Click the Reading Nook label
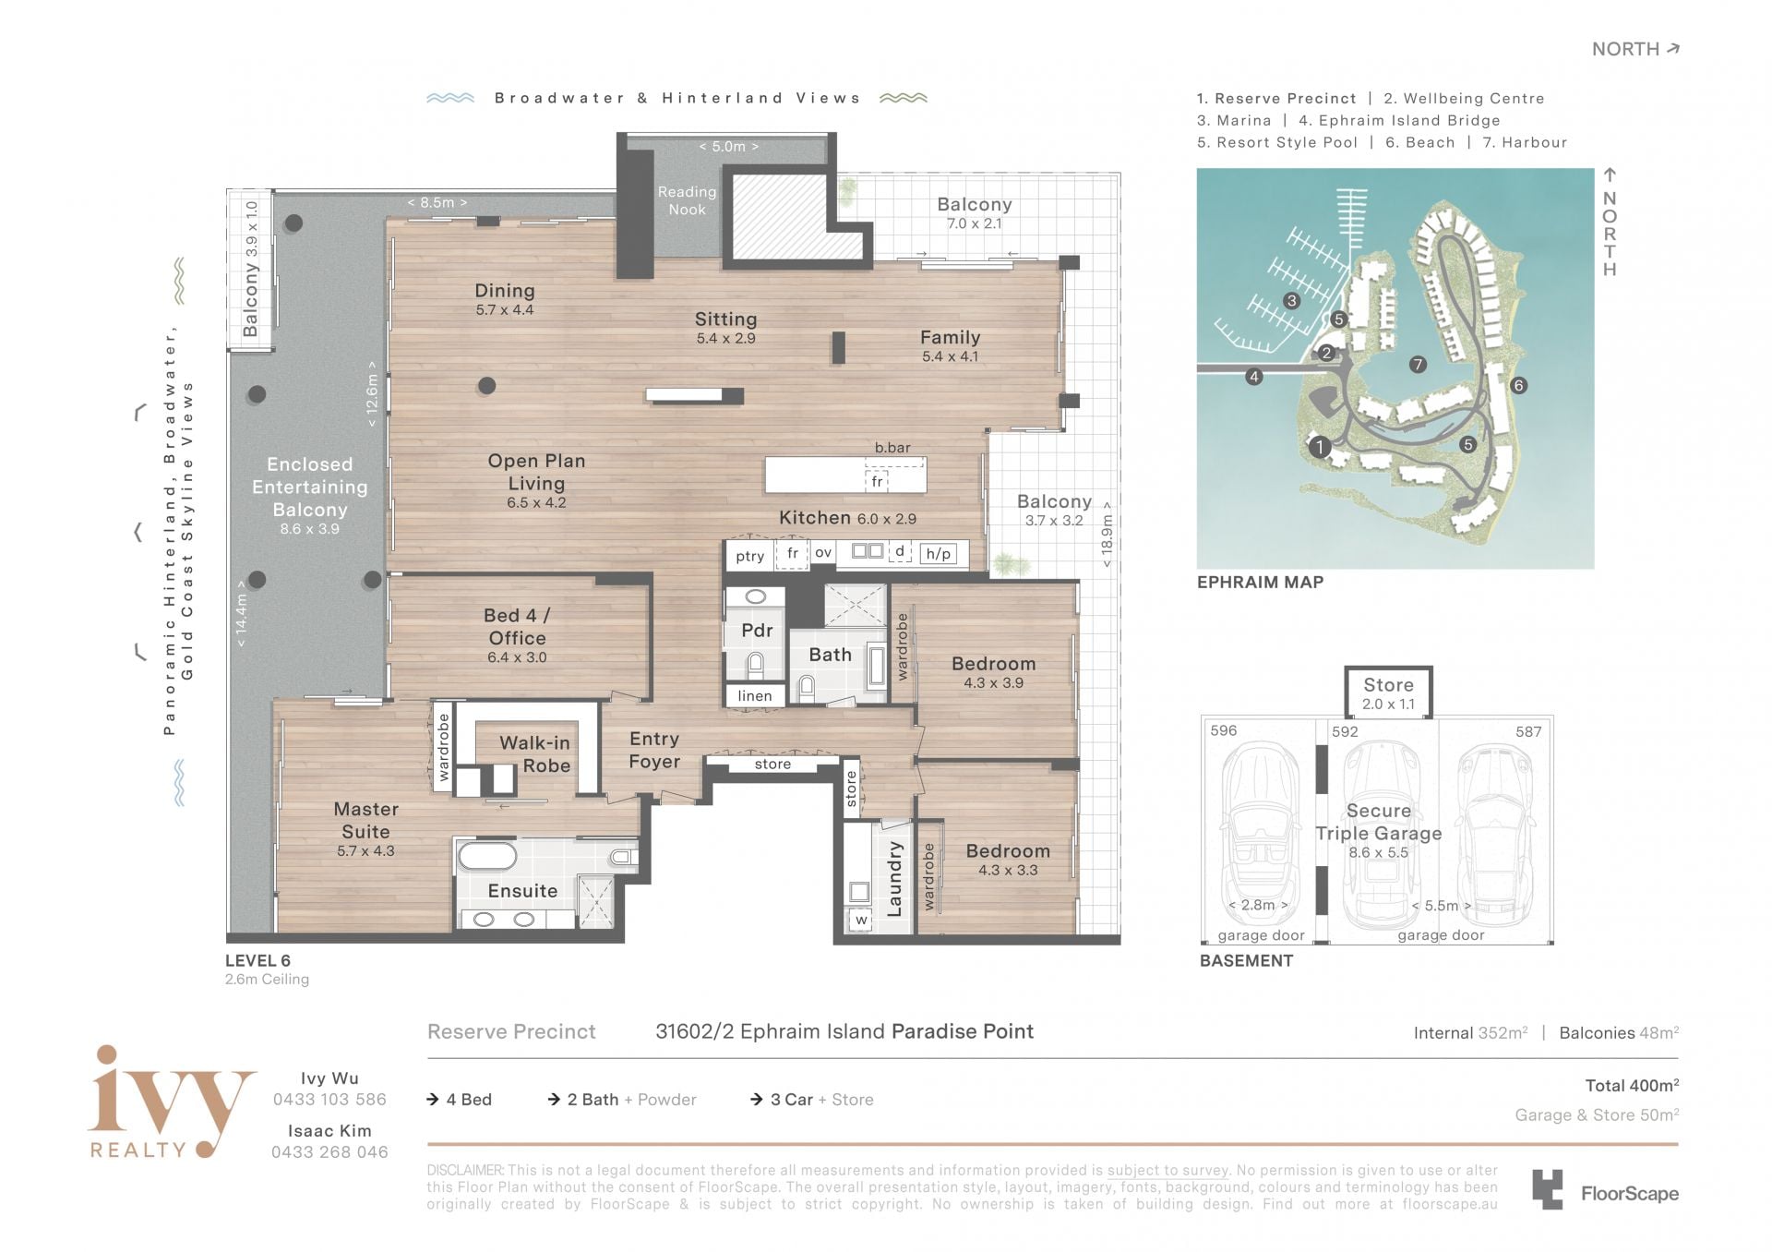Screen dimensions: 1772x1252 (x=687, y=200)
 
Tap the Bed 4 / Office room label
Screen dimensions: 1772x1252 (x=517, y=627)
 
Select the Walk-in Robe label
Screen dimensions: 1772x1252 (x=534, y=754)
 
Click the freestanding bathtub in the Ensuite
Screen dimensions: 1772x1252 (x=488, y=857)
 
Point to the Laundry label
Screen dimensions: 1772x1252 (x=893, y=879)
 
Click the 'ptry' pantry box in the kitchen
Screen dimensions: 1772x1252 (x=749, y=556)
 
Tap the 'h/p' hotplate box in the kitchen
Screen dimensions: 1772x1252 (x=938, y=554)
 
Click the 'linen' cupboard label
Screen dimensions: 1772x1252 (x=755, y=696)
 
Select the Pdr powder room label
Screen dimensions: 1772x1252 (x=757, y=631)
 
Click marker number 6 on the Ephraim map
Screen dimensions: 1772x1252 (x=1518, y=386)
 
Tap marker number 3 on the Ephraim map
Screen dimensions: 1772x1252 (x=1291, y=301)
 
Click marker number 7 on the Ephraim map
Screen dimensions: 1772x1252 (x=1418, y=365)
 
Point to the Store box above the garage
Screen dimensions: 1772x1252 (x=1388, y=692)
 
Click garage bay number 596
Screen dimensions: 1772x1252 (x=1224, y=730)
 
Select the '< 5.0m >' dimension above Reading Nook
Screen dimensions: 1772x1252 (x=728, y=147)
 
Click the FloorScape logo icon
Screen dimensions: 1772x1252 (x=1548, y=1189)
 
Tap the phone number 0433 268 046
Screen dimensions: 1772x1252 (x=329, y=1152)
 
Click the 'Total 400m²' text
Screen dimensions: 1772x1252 (x=1632, y=1086)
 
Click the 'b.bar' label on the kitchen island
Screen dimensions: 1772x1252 (x=892, y=448)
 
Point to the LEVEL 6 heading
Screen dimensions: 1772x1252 (x=257, y=961)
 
